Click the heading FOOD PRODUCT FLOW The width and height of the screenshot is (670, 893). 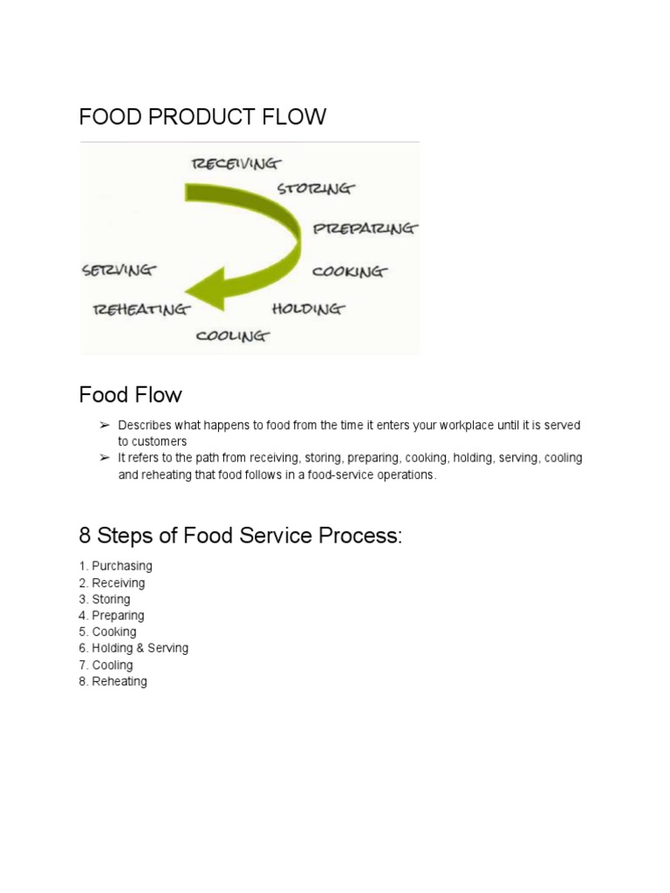(202, 117)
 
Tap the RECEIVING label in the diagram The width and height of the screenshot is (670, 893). (236, 163)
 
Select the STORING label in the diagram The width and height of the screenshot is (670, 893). (316, 188)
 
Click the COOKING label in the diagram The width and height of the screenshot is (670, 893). (349, 271)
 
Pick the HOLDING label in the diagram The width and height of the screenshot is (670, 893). (308, 309)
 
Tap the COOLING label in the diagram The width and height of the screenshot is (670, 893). (233, 335)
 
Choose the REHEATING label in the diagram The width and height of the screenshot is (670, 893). (140, 309)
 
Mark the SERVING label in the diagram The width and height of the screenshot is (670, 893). (119, 269)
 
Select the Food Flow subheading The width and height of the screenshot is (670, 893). (130, 395)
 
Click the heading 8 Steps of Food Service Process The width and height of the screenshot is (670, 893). (241, 535)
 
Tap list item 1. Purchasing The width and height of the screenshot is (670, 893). (115, 566)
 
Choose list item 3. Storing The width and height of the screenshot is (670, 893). (105, 599)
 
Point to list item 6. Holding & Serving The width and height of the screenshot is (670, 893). (133, 648)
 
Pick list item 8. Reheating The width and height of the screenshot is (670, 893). (113, 681)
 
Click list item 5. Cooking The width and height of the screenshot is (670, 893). (107, 631)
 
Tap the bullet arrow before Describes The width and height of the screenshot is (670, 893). (104, 425)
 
